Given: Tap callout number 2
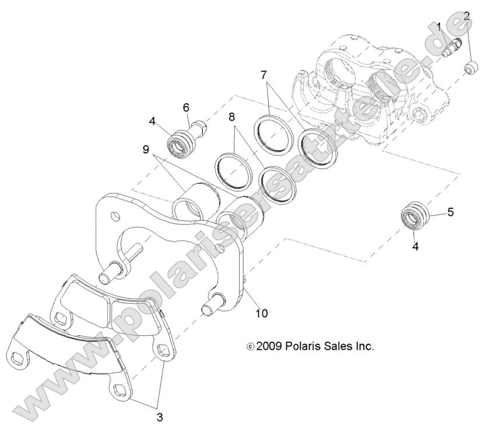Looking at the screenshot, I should click(466, 16).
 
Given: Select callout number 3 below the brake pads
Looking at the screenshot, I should click(159, 417).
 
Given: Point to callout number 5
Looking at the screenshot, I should click(450, 212).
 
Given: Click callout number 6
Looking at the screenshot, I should click(186, 107).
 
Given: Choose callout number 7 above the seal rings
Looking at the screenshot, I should click(264, 75).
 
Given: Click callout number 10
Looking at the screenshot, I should click(261, 313).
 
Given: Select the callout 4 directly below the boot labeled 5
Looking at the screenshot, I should click(415, 247).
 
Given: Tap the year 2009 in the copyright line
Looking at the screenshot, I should click(271, 346).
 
